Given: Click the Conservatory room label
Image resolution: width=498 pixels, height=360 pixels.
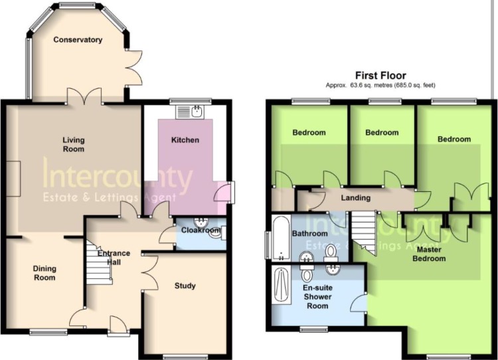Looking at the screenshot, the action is (x=78, y=40).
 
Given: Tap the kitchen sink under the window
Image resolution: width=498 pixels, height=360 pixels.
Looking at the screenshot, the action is (x=191, y=112).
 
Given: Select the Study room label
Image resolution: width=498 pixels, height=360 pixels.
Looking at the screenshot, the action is (x=185, y=286).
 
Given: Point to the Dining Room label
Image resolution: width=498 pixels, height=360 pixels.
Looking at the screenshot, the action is (x=44, y=273).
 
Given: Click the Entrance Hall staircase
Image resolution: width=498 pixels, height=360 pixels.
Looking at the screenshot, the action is (x=99, y=263).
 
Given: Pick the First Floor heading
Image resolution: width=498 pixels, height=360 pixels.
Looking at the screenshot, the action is (x=380, y=76).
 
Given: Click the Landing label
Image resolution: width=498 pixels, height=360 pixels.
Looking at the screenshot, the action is (x=356, y=198).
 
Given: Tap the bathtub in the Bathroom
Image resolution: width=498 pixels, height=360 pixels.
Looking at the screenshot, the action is (x=282, y=237).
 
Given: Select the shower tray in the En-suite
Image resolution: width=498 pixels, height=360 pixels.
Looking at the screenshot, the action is (x=282, y=285).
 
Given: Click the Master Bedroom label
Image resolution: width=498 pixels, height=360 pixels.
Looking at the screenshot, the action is (x=429, y=254).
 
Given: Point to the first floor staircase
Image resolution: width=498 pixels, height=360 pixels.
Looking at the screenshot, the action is (x=364, y=232).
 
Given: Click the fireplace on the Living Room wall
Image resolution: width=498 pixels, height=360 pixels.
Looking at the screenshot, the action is (x=13, y=178).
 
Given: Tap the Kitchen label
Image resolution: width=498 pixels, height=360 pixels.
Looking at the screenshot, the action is (x=185, y=139).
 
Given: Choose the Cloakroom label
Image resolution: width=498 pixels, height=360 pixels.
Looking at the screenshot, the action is (x=201, y=230).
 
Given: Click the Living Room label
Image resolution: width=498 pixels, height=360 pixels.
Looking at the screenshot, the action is (x=73, y=144).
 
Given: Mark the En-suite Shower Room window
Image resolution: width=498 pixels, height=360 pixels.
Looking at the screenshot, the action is (x=314, y=329).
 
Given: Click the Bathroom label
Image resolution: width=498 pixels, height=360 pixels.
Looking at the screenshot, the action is (x=309, y=234).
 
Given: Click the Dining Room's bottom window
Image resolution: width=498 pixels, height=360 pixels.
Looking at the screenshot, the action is (x=48, y=332).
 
